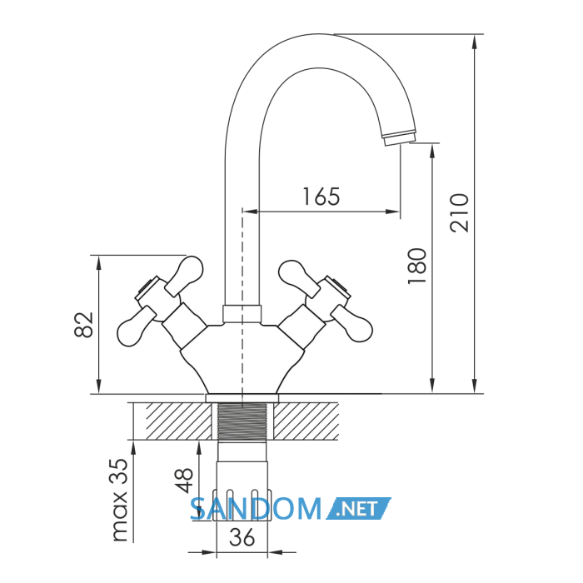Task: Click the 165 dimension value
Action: [x=321, y=197]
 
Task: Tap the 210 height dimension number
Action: [x=459, y=213]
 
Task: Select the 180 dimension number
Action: [x=416, y=267]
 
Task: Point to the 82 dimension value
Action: [x=83, y=325]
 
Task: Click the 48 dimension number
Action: [x=184, y=480]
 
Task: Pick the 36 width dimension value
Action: [x=242, y=537]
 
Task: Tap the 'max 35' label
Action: [x=120, y=500]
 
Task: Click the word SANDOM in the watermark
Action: [x=256, y=509]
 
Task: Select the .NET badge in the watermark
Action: [x=358, y=508]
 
